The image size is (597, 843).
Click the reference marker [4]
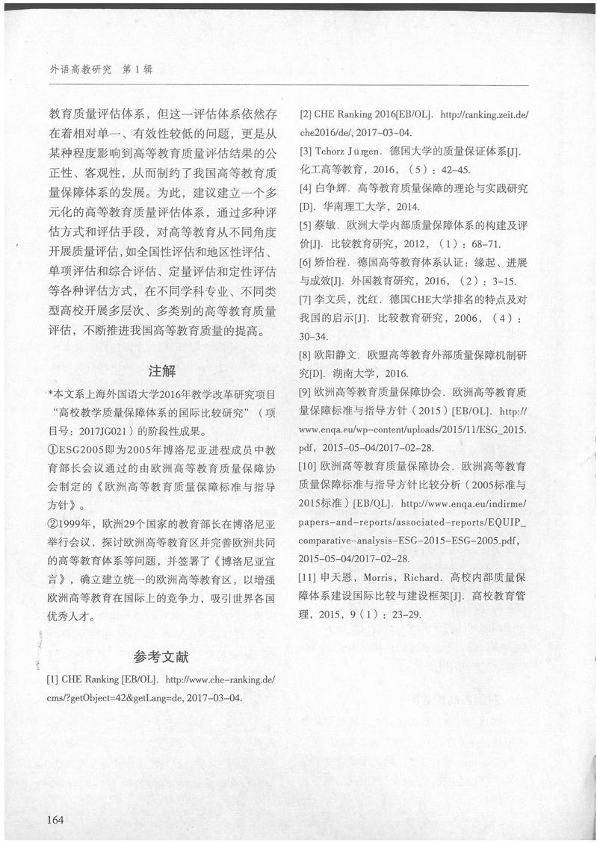tap(305, 186)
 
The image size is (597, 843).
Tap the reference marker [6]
tap(305, 262)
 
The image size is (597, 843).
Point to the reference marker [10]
tap(308, 466)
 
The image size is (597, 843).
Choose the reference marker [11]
tap(308, 578)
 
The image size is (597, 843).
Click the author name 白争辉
tap(333, 186)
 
